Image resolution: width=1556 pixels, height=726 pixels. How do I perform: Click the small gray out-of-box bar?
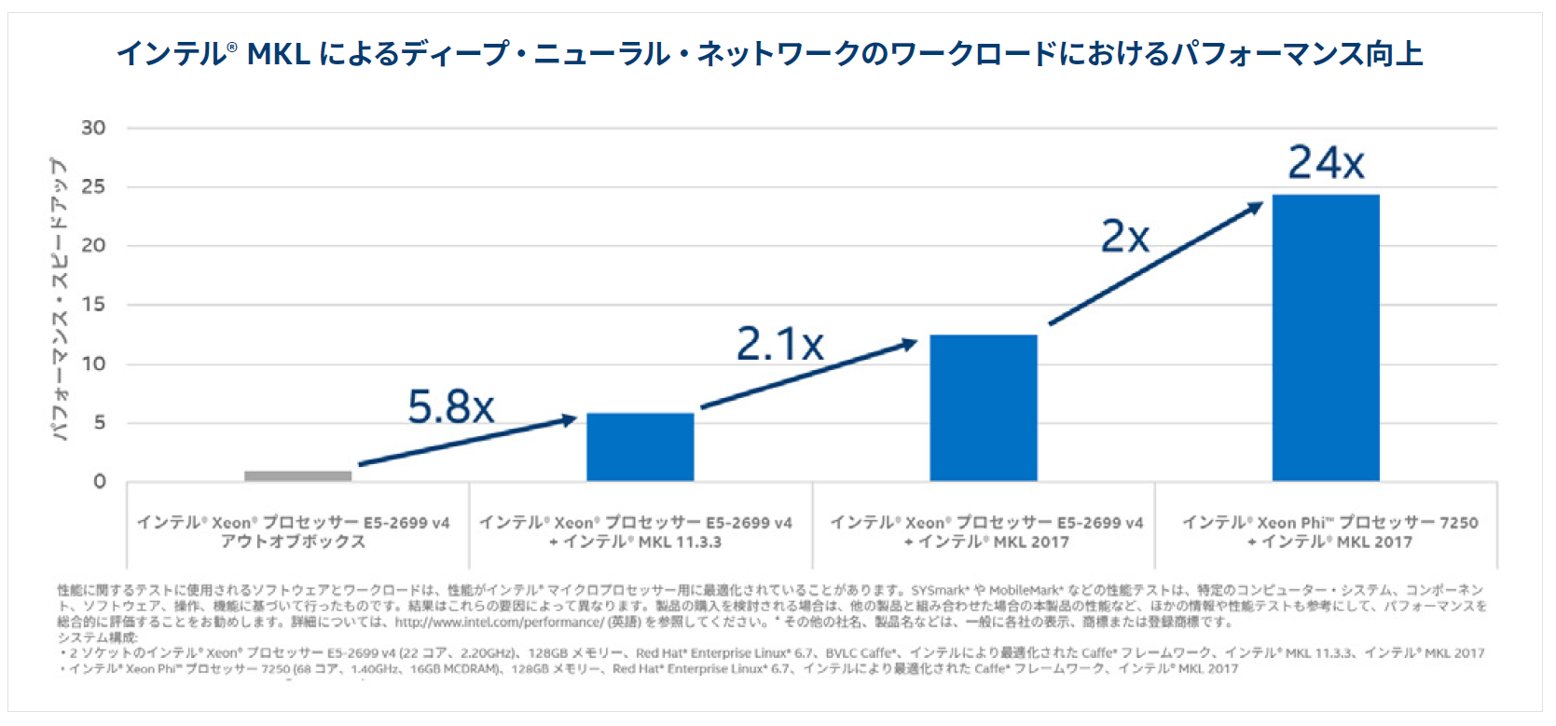(297, 475)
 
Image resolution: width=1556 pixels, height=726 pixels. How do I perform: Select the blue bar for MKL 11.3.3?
(640, 446)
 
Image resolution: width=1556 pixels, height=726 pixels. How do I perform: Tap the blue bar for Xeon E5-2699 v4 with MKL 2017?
(983, 407)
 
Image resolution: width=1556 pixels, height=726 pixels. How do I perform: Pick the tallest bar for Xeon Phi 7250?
(1325, 337)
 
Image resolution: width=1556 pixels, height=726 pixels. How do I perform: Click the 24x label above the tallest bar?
(1326, 163)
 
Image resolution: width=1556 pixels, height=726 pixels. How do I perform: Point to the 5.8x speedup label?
(450, 407)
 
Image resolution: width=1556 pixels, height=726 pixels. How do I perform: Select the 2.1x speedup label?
(779, 344)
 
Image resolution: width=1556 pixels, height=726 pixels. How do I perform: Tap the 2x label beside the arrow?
(1124, 237)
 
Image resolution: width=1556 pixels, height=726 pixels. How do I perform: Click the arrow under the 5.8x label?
(466, 442)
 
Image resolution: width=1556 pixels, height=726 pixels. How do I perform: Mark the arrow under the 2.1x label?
(807, 375)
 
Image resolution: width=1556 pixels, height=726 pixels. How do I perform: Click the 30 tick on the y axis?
(93, 128)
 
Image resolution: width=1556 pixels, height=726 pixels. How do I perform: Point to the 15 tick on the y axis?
(93, 305)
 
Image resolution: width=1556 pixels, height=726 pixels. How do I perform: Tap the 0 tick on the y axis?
(99, 482)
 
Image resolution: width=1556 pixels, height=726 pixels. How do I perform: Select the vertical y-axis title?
(59, 298)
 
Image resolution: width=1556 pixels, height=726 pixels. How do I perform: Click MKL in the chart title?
(278, 54)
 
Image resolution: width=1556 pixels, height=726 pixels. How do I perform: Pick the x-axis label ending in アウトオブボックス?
(294, 532)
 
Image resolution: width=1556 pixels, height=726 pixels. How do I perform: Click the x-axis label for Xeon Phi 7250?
(1329, 532)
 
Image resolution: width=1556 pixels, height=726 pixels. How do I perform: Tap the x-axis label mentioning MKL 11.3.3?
(635, 532)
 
